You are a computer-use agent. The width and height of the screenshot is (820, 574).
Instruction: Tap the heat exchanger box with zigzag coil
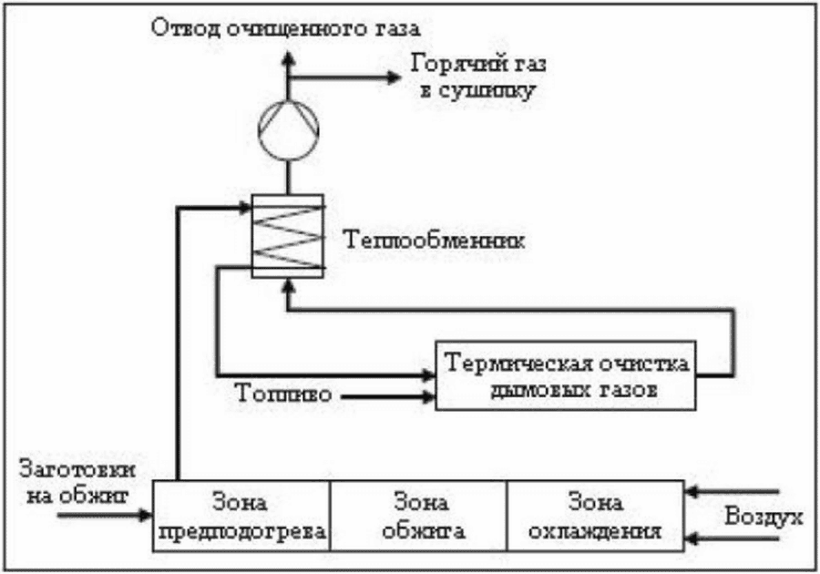(288, 235)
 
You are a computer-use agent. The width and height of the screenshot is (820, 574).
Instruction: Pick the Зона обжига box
(416, 516)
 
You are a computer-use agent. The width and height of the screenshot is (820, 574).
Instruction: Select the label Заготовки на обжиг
(77, 483)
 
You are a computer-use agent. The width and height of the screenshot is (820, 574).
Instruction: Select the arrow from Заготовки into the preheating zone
(105, 516)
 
